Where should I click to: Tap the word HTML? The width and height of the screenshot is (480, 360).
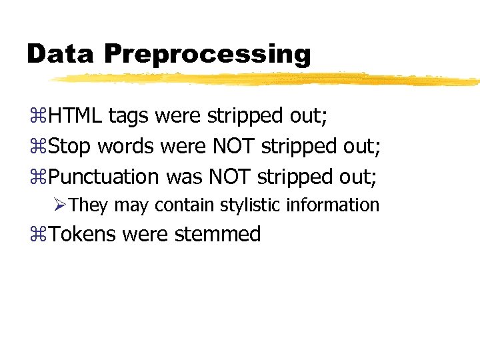coord(75,116)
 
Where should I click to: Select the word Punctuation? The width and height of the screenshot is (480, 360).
coord(103,177)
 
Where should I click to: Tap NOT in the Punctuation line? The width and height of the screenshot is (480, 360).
coord(229,177)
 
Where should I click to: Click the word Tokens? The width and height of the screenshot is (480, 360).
coord(83,235)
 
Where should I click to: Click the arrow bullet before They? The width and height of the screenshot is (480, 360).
coord(61,205)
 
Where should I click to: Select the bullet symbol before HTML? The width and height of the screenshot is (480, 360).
coord(37,117)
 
